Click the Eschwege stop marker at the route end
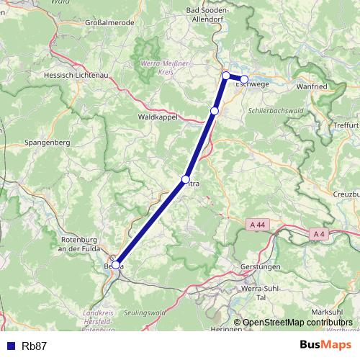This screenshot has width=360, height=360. coord(244,79)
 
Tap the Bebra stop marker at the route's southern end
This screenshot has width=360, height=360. coord(116,265)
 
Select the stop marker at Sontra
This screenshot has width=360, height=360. coord(186,179)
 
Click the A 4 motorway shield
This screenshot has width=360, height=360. coord(320,233)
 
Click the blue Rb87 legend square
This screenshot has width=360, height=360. coord(7,346)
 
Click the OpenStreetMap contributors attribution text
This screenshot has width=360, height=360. coord(297,323)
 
